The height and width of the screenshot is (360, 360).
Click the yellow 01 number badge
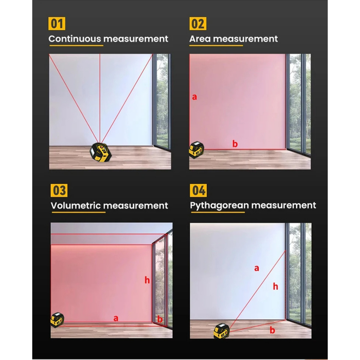pyautogui.click(x=57, y=24)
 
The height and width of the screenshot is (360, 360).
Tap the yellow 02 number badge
pyautogui.click(x=198, y=24)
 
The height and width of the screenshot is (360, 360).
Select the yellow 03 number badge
pyautogui.click(x=59, y=190)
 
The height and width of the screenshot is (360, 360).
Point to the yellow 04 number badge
pyautogui.click(x=198, y=190)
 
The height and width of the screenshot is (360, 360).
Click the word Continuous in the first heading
pyautogui.click(x=75, y=39)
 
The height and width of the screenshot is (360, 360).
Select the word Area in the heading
pyautogui.click(x=200, y=39)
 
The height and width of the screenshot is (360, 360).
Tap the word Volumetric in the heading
pyautogui.click(x=76, y=205)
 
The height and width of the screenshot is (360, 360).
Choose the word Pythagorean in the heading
pyautogui.click(x=219, y=206)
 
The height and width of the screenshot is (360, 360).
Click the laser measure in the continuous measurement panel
pyautogui.click(x=101, y=152)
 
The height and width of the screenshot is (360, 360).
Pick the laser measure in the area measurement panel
pyautogui.click(x=197, y=150)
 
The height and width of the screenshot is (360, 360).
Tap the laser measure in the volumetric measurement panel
pyautogui.click(x=57, y=320)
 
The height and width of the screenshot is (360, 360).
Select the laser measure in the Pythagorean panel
pyautogui.click(x=221, y=331)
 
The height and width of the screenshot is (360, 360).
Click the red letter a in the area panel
pyautogui.click(x=194, y=97)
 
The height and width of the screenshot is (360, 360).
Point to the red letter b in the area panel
pyautogui.click(x=235, y=144)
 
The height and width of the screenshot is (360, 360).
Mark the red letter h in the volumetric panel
pyautogui.click(x=147, y=280)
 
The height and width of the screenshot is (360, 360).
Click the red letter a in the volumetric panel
pyautogui.click(x=116, y=318)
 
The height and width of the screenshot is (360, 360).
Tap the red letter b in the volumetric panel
pyautogui.click(x=160, y=319)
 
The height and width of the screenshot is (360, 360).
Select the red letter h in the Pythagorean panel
pyautogui.click(x=276, y=286)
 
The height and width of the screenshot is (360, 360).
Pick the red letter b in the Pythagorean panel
pyautogui.click(x=272, y=330)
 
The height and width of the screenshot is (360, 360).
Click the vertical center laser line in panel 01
pyautogui.click(x=100, y=98)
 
